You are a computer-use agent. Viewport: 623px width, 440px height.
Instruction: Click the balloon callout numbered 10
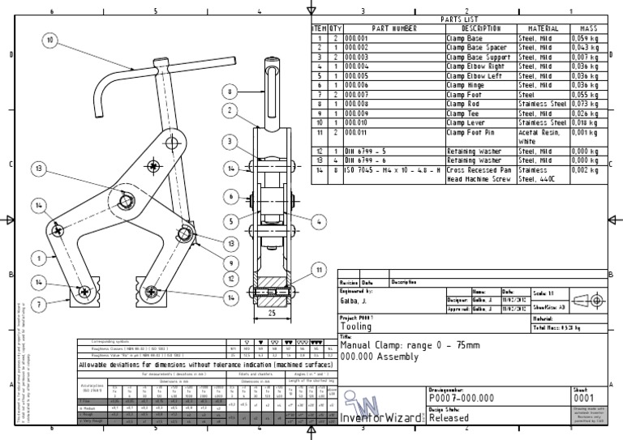pyautogui.click(x=50, y=38)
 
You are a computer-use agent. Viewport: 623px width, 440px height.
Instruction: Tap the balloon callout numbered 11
pyautogui.click(x=319, y=269)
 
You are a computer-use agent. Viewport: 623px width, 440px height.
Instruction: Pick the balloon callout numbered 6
pyautogui.click(x=230, y=196)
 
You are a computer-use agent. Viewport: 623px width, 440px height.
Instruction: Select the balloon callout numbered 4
pyautogui.click(x=318, y=220)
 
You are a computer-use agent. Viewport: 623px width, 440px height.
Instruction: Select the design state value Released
pyautogui.click(x=449, y=419)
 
